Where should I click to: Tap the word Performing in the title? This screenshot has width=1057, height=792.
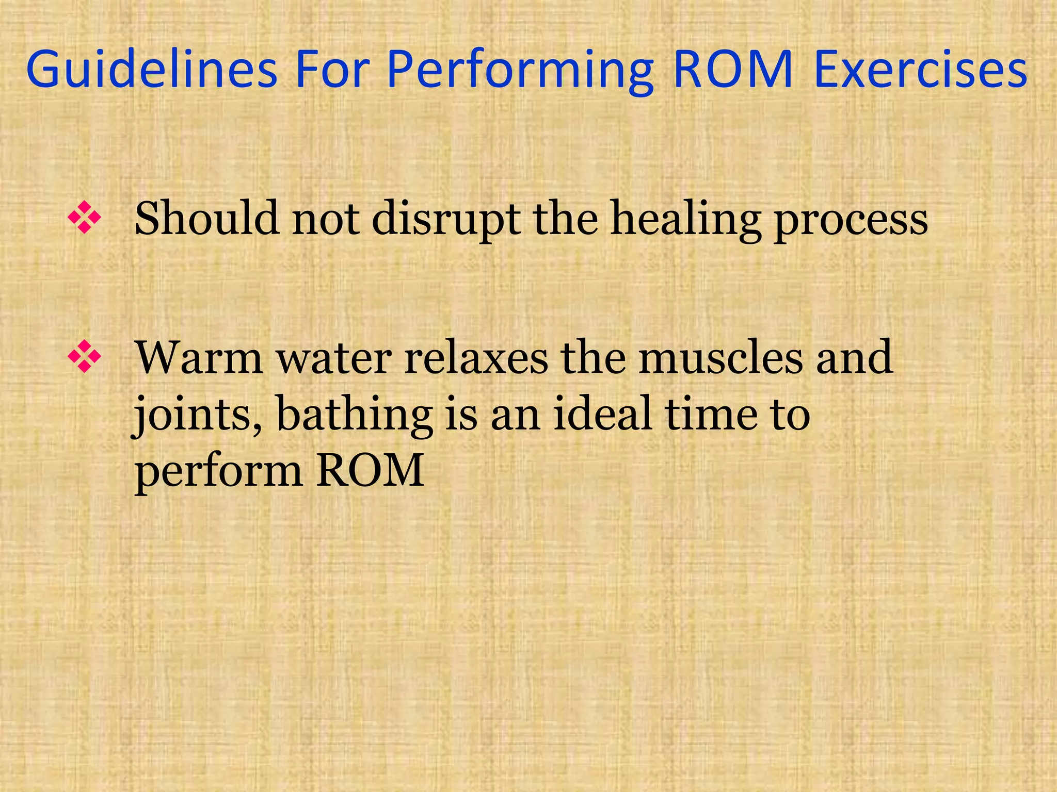click(519, 71)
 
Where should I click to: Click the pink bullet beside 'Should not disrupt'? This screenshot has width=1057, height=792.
click(84, 218)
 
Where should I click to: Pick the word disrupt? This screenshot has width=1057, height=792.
click(446, 220)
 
